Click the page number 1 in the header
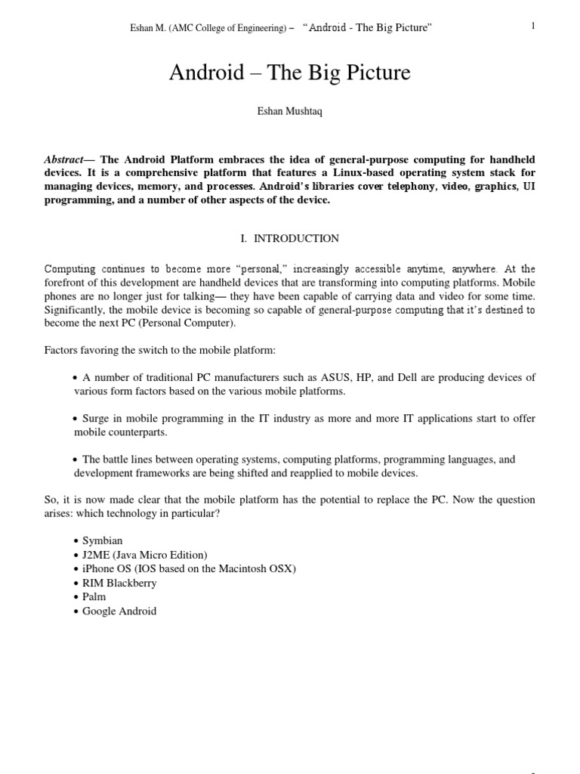[532, 26]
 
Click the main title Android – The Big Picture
[290, 73]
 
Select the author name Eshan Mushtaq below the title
[290, 112]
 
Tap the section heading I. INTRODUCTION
[290, 238]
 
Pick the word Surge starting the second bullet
[97, 419]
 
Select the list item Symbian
[103, 541]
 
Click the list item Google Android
[119, 611]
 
